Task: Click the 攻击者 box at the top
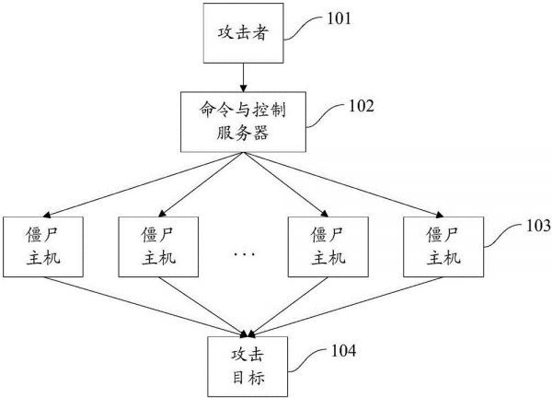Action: click(x=243, y=34)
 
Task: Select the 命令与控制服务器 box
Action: click(x=243, y=123)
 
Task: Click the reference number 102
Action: click(x=360, y=105)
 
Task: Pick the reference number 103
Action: click(x=537, y=225)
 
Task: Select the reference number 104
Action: click(x=341, y=350)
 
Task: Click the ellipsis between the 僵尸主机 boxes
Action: click(x=243, y=251)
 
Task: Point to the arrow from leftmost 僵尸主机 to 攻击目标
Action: click(x=138, y=306)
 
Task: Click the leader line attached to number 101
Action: click(x=304, y=28)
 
